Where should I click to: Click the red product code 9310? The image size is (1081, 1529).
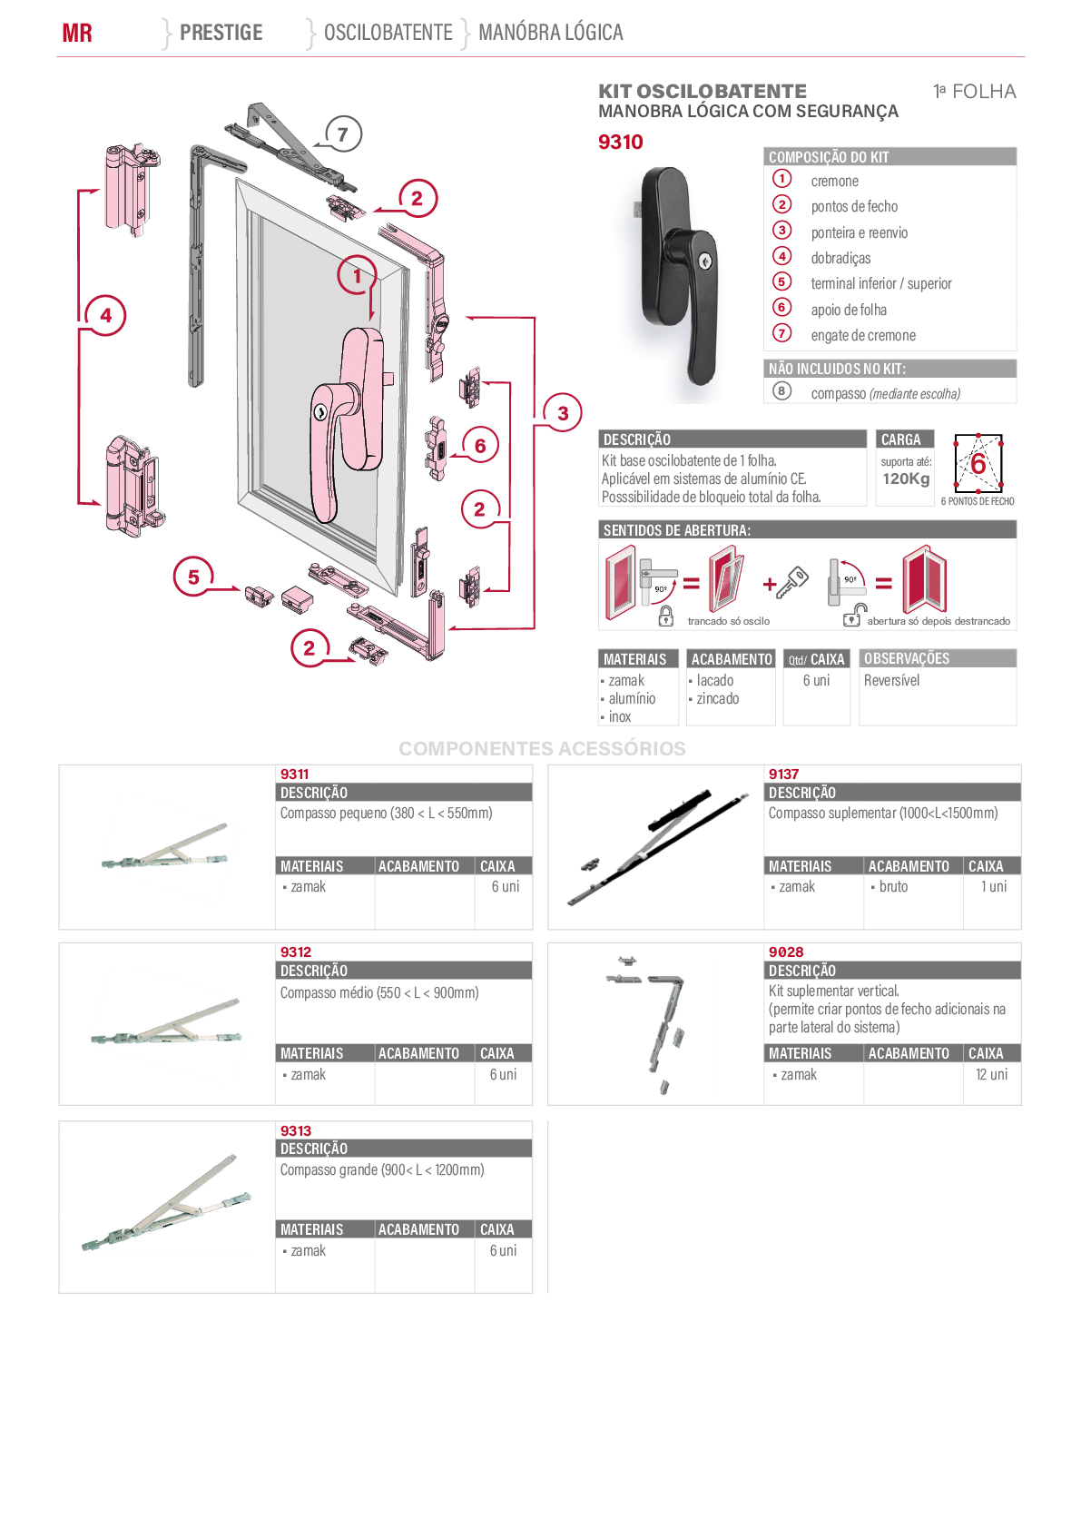(x=620, y=142)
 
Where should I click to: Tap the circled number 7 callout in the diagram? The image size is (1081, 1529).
(x=342, y=133)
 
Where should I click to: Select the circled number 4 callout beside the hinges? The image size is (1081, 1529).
(x=106, y=315)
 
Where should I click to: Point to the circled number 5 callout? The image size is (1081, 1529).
(x=193, y=577)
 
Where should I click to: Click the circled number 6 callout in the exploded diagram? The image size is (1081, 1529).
(x=480, y=446)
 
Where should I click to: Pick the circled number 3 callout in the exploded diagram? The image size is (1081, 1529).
(x=563, y=413)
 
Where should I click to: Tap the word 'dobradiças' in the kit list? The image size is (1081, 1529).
(x=840, y=258)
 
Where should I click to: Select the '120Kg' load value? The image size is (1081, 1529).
(x=906, y=478)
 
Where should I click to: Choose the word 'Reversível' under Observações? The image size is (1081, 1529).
(x=891, y=681)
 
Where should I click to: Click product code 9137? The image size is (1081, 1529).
(x=783, y=774)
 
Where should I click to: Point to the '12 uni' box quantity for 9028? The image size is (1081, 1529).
(x=992, y=1074)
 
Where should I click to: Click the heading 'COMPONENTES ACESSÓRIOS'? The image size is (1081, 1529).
(x=542, y=749)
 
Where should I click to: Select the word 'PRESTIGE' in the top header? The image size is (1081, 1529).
(x=221, y=32)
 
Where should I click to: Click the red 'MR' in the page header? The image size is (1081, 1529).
(x=77, y=33)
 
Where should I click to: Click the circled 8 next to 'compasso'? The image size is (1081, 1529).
(x=782, y=391)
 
